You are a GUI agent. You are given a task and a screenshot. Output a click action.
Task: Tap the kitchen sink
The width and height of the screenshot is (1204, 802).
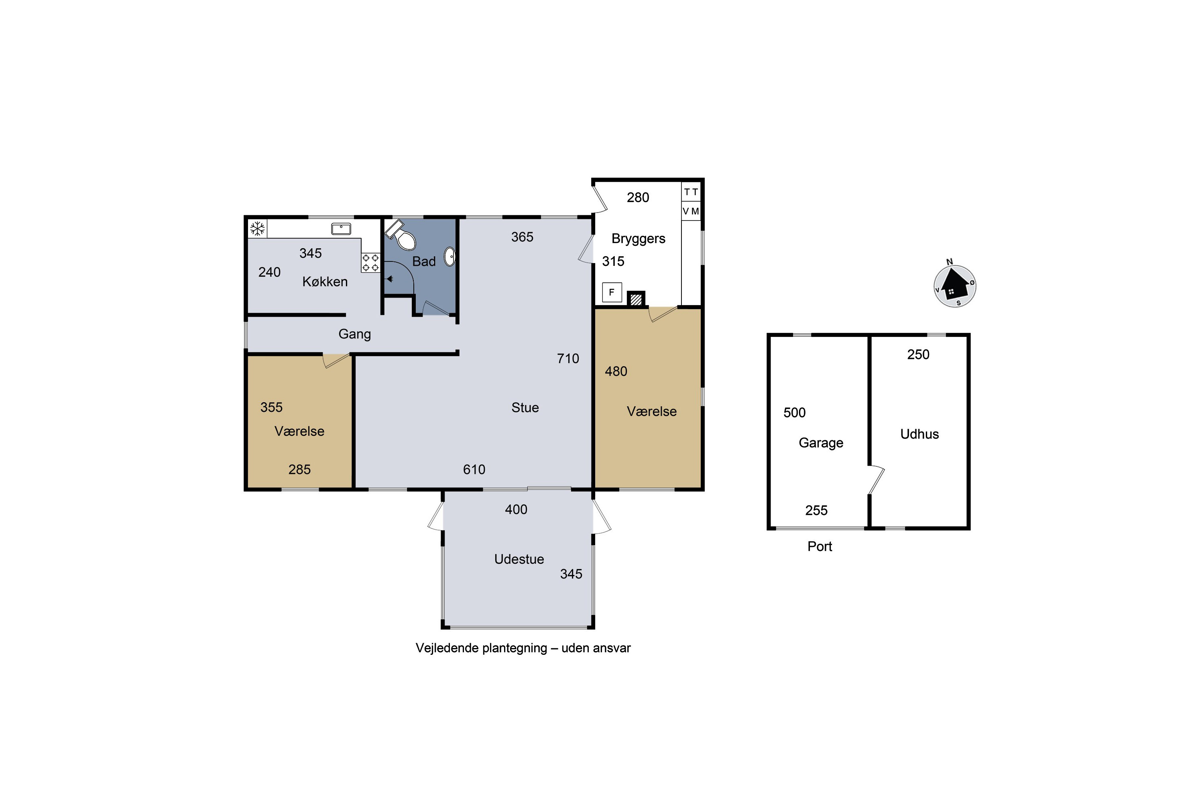341,228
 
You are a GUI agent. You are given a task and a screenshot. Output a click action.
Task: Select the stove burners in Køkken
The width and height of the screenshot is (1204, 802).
370,262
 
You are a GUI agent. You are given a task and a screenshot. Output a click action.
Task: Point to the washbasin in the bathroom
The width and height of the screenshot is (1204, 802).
449,256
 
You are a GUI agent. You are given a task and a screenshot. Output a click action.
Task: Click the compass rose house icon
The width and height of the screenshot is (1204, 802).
955,286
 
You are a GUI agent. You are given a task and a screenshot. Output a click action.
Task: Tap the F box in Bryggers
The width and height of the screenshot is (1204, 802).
612,292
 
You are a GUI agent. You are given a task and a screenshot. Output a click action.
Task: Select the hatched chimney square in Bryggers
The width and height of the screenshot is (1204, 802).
636,299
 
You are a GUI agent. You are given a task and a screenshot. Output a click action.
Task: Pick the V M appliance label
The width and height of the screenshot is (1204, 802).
691,211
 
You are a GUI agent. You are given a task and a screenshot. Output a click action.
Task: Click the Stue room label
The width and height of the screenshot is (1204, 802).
525,408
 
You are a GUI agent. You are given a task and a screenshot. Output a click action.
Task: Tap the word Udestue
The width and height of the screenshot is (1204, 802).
519,559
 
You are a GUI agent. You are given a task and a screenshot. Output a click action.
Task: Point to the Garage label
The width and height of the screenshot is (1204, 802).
821,443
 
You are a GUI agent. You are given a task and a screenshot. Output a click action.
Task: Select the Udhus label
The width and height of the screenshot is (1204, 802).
919,434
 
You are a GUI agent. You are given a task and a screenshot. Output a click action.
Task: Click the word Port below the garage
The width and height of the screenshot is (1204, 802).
820,546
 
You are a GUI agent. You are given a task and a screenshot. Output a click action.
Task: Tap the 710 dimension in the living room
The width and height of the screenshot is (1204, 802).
568,358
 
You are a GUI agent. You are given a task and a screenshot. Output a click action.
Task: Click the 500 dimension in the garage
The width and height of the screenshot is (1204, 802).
795,413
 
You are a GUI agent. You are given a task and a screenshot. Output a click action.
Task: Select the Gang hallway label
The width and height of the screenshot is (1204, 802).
355,334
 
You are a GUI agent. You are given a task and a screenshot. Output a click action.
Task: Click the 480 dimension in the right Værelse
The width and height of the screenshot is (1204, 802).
616,371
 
